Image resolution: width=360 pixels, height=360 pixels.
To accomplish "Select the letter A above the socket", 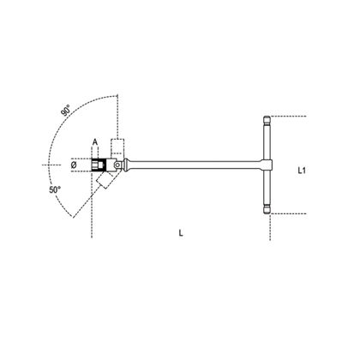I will (x=97, y=144).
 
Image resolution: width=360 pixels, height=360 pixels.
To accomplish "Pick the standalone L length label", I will (x=181, y=232).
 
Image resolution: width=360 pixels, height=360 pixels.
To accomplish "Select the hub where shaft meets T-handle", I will (x=267, y=162).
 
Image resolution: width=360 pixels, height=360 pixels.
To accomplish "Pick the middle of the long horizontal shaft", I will (x=201, y=162).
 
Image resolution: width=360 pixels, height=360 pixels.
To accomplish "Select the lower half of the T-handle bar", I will (x=268, y=186).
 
